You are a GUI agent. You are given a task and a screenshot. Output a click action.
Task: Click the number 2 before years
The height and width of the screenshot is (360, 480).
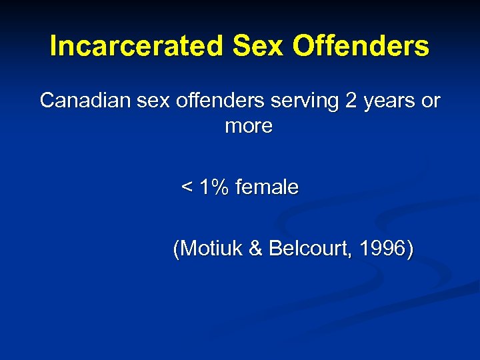tap(351, 101)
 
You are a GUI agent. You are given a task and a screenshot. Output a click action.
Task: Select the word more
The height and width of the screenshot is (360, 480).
tap(249, 126)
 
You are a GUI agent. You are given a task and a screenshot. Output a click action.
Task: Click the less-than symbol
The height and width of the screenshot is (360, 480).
tap(187, 188)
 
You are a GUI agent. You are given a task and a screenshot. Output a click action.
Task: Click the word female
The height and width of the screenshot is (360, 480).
tap(267, 187)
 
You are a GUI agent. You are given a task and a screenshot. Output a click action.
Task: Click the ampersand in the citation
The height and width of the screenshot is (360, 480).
tap(255, 249)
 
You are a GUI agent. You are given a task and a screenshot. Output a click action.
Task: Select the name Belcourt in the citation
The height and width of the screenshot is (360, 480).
tap(310, 249)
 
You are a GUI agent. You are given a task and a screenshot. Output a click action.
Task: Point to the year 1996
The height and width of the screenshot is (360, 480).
tap(382, 249)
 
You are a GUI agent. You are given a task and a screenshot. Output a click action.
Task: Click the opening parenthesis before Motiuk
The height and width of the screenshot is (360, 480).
tap(176, 250)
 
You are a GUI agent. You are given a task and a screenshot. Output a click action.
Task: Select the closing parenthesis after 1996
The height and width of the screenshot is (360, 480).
tap(409, 250)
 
